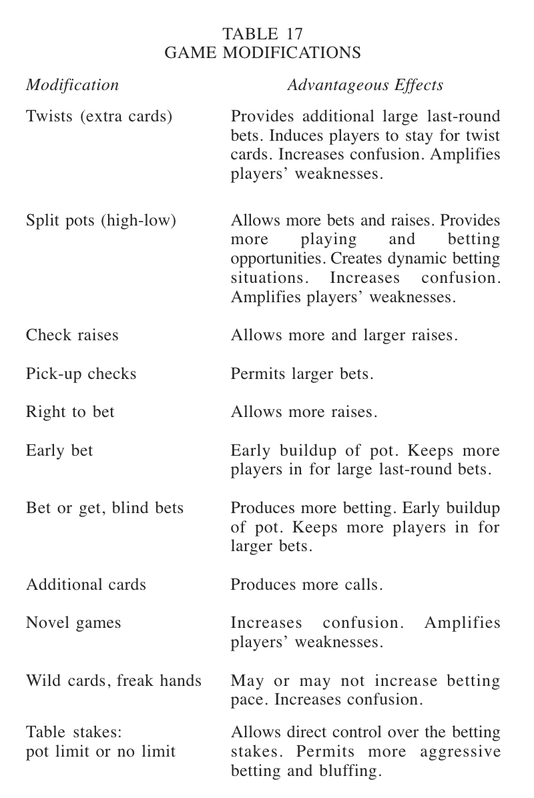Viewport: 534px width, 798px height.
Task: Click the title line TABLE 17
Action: (x=263, y=33)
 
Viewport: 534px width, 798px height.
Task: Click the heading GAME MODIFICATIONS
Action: (x=263, y=53)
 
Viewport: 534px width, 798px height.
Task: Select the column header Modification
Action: (x=72, y=85)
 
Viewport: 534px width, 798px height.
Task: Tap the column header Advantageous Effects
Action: (x=365, y=85)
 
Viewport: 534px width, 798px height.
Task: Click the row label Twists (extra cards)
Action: (x=99, y=117)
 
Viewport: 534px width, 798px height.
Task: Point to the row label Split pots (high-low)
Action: (x=101, y=220)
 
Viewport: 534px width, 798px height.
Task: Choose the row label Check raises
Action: (x=72, y=335)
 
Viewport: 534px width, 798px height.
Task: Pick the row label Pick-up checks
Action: (x=81, y=374)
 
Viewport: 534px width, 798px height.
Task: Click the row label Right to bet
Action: (x=70, y=412)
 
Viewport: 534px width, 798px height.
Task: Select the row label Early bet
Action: (x=59, y=450)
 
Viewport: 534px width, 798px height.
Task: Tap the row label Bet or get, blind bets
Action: (x=104, y=508)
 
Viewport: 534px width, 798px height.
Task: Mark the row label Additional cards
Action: (x=85, y=585)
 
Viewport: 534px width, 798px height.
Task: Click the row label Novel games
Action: (x=73, y=623)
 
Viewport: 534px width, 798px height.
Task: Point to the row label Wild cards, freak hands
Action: (x=113, y=681)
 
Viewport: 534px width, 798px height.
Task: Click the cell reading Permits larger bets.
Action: (x=302, y=374)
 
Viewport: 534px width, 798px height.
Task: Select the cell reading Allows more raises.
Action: (x=304, y=412)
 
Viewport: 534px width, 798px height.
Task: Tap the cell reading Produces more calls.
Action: (x=307, y=585)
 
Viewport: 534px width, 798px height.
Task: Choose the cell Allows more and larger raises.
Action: (x=344, y=335)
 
